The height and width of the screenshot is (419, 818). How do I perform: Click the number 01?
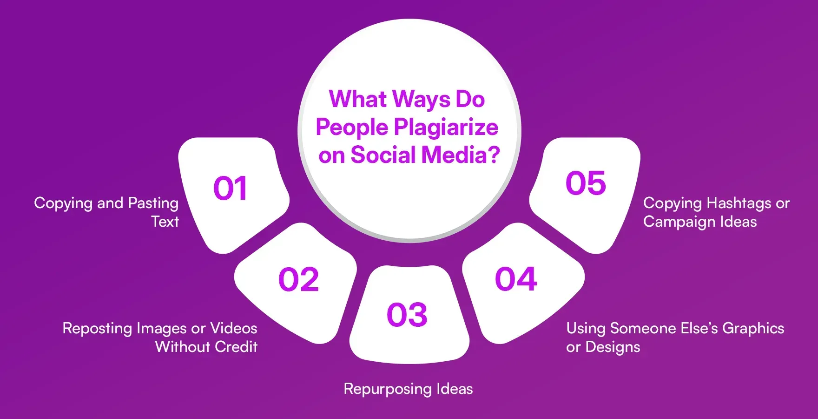coord(230,189)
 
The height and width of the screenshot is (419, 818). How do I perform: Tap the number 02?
coord(298,280)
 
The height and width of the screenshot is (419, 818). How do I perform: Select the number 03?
coord(407,315)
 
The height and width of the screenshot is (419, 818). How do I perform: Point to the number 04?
coord(516,279)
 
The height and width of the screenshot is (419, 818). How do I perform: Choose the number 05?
coord(586,183)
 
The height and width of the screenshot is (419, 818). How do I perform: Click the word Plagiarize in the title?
coord(446,128)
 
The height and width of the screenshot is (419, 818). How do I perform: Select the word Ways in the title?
coord(422,99)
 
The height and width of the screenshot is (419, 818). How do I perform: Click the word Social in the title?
coord(383,155)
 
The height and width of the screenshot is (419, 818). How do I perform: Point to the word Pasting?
coord(153,203)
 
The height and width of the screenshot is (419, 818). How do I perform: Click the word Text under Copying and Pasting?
coord(165,222)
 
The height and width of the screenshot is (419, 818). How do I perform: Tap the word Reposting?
coord(98,329)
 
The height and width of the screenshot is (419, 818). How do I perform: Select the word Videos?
coord(233,328)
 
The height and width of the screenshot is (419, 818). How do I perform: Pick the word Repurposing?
coord(387,389)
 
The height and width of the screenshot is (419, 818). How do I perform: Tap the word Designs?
coord(613,347)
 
